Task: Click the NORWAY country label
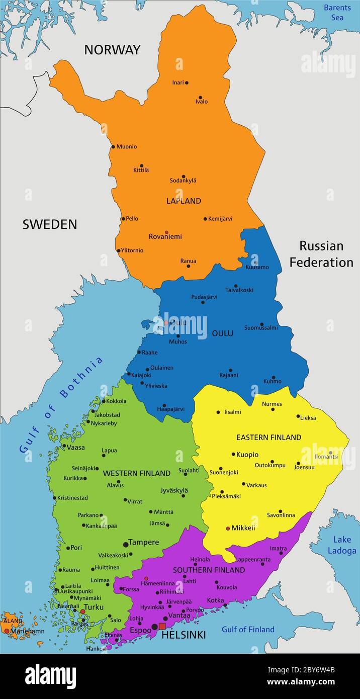(112, 50)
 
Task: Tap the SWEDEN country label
(49, 224)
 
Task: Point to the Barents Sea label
(337, 13)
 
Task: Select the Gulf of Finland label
(248, 629)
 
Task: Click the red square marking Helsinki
(162, 626)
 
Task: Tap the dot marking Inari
(187, 82)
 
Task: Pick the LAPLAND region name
(184, 201)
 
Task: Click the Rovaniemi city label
(165, 236)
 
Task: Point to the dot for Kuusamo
(255, 262)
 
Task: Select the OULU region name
(222, 333)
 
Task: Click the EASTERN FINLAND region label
(268, 438)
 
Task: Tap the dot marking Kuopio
(233, 454)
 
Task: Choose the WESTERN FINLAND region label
(136, 473)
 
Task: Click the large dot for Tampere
(126, 544)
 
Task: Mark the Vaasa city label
(76, 447)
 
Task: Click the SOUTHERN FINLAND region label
(209, 570)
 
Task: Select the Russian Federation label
(321, 254)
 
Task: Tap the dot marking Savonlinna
(280, 511)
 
